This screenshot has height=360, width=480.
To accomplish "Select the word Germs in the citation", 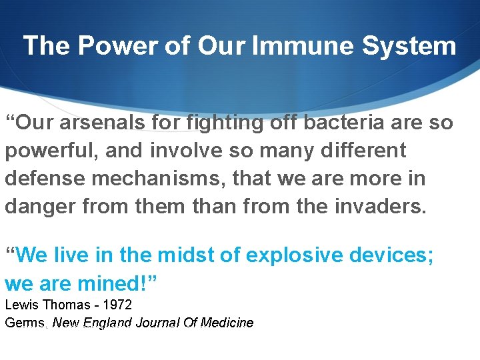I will click(x=25, y=323).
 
